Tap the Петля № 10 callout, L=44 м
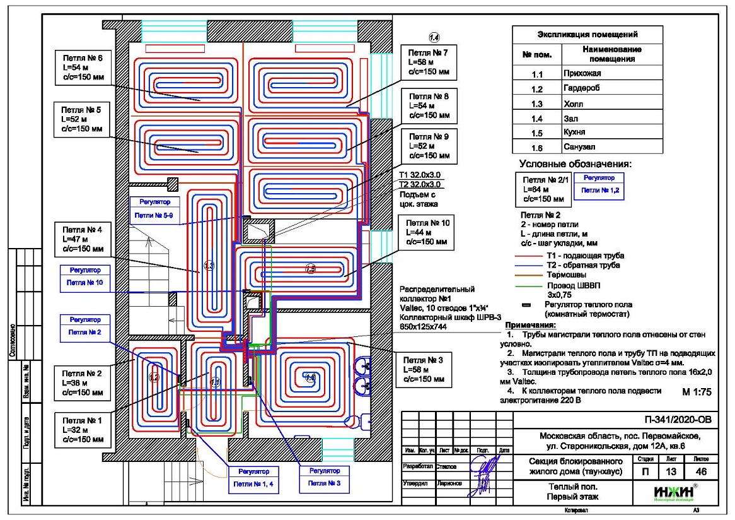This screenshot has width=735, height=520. pyautogui.click(x=427, y=233)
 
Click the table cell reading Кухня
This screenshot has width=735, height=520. pyautogui.click(x=574, y=133)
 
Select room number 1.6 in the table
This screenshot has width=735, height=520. pyautogui.click(x=536, y=148)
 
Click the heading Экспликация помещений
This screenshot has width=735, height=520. pyautogui.click(x=587, y=34)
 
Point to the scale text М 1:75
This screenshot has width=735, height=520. pyautogui.click(x=697, y=392)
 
